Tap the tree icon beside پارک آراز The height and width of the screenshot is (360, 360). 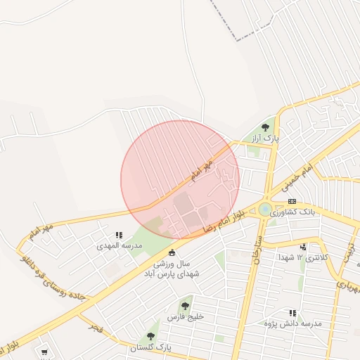tap(265, 127)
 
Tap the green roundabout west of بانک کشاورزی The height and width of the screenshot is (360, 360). tap(264, 209)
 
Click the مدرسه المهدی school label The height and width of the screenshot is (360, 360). tap(123, 245)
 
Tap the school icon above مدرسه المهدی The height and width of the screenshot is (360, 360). tap(118, 235)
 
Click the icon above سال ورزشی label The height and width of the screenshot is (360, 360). tap(172, 252)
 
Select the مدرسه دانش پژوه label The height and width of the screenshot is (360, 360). tap(295, 323)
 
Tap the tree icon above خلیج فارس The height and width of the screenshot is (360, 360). tap(185, 306)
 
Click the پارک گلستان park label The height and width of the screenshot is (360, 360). tap(151, 347)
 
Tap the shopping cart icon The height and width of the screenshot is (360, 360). tap(44, 351)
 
